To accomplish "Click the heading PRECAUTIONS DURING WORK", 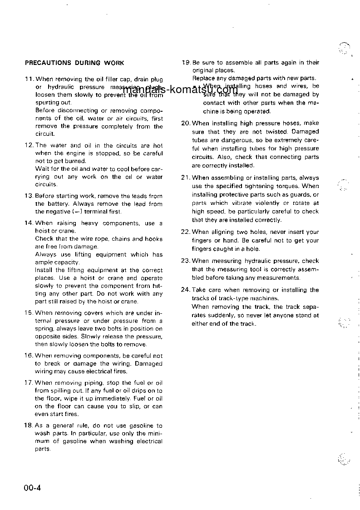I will tap(74, 63).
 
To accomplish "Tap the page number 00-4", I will tap(33, 489).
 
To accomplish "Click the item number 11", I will tap(29, 79).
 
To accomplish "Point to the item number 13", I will tap(29, 196).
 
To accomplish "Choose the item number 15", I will tap(29, 313).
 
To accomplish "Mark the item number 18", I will tap(29, 426).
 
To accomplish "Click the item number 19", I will tap(186, 63).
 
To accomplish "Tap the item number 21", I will tap(186, 178).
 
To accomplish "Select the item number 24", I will tap(186, 290).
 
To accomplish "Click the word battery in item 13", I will tap(58, 204).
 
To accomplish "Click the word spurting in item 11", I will tap(47, 103).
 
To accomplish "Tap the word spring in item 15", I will tap(44, 329).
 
